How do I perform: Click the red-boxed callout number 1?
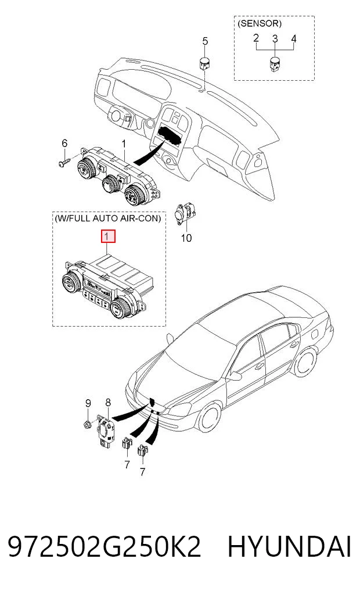107,237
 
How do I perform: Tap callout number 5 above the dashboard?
205,41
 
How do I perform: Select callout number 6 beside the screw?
64,143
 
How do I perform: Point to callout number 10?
186,238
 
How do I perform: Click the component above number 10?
185,214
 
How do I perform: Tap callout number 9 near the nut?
87,403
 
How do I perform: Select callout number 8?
107,403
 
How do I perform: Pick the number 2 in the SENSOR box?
256,38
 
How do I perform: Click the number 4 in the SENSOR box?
294,38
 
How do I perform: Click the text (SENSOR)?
260,23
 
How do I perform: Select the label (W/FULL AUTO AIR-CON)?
108,219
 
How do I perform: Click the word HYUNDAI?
290,547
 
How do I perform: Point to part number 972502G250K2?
105,547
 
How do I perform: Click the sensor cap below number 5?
205,63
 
